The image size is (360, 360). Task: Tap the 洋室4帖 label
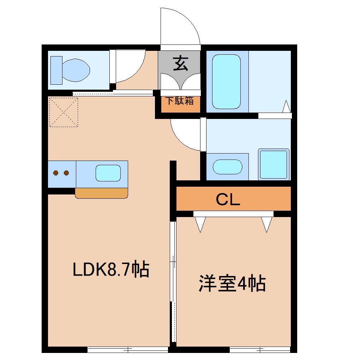pos(232,283)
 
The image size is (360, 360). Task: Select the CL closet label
pos(228,200)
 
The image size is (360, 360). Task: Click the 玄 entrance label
pos(180,64)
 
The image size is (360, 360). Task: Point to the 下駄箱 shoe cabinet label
pos(180,101)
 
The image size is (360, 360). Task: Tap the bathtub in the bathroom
pos(226,81)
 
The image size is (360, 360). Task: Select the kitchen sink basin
pos(108,173)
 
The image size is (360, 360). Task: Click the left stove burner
pos(56,173)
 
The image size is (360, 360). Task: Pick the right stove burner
pos(66,173)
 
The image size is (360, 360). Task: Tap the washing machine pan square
pos(274,164)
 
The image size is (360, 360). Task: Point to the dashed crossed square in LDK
pos(64,112)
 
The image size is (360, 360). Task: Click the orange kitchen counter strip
pos(101,193)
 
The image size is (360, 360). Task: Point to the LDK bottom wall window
pos(128,350)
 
